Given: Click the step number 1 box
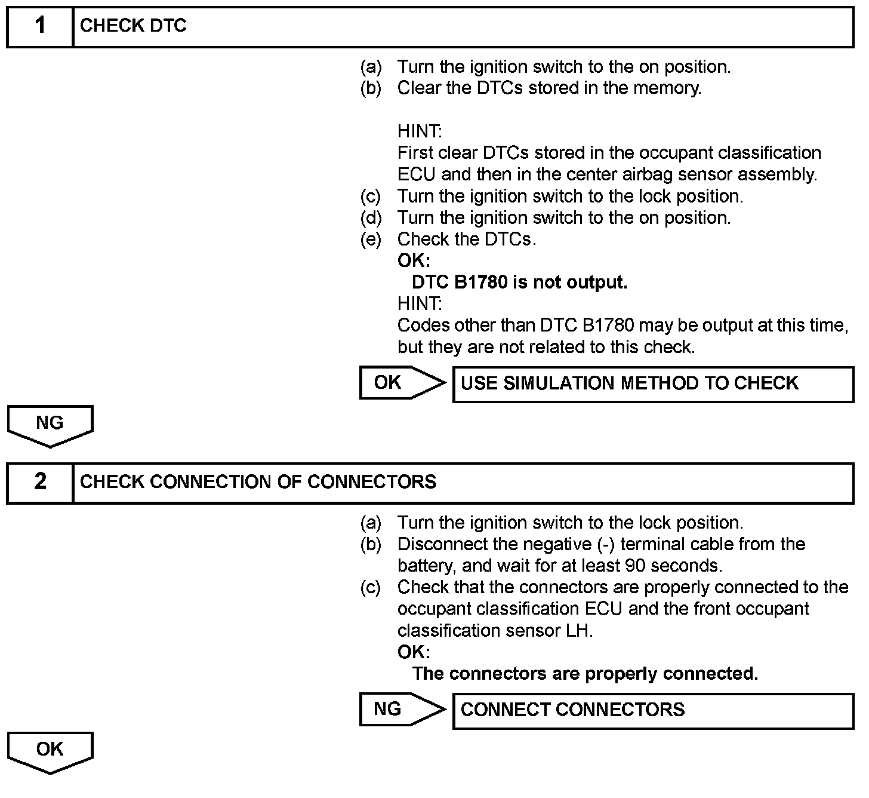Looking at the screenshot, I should tap(39, 26).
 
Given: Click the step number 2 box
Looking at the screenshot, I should tap(39, 482).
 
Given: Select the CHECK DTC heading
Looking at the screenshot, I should tap(133, 26).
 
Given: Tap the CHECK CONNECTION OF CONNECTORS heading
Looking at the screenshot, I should tap(258, 482).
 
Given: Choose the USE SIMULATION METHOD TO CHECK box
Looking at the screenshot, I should tap(653, 384).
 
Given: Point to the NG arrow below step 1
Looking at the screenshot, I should tap(50, 425).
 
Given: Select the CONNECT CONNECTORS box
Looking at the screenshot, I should tap(653, 710).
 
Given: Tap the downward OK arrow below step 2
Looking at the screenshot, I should tap(50, 751).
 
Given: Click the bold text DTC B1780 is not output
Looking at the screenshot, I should tap(519, 283).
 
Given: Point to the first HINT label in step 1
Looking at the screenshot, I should tap(420, 131).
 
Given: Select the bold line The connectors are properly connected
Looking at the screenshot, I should tap(585, 674).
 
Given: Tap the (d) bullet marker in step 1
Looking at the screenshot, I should tap(371, 218).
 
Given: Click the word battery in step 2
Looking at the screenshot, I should tap(426, 566).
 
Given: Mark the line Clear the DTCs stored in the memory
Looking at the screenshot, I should tap(549, 88).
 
